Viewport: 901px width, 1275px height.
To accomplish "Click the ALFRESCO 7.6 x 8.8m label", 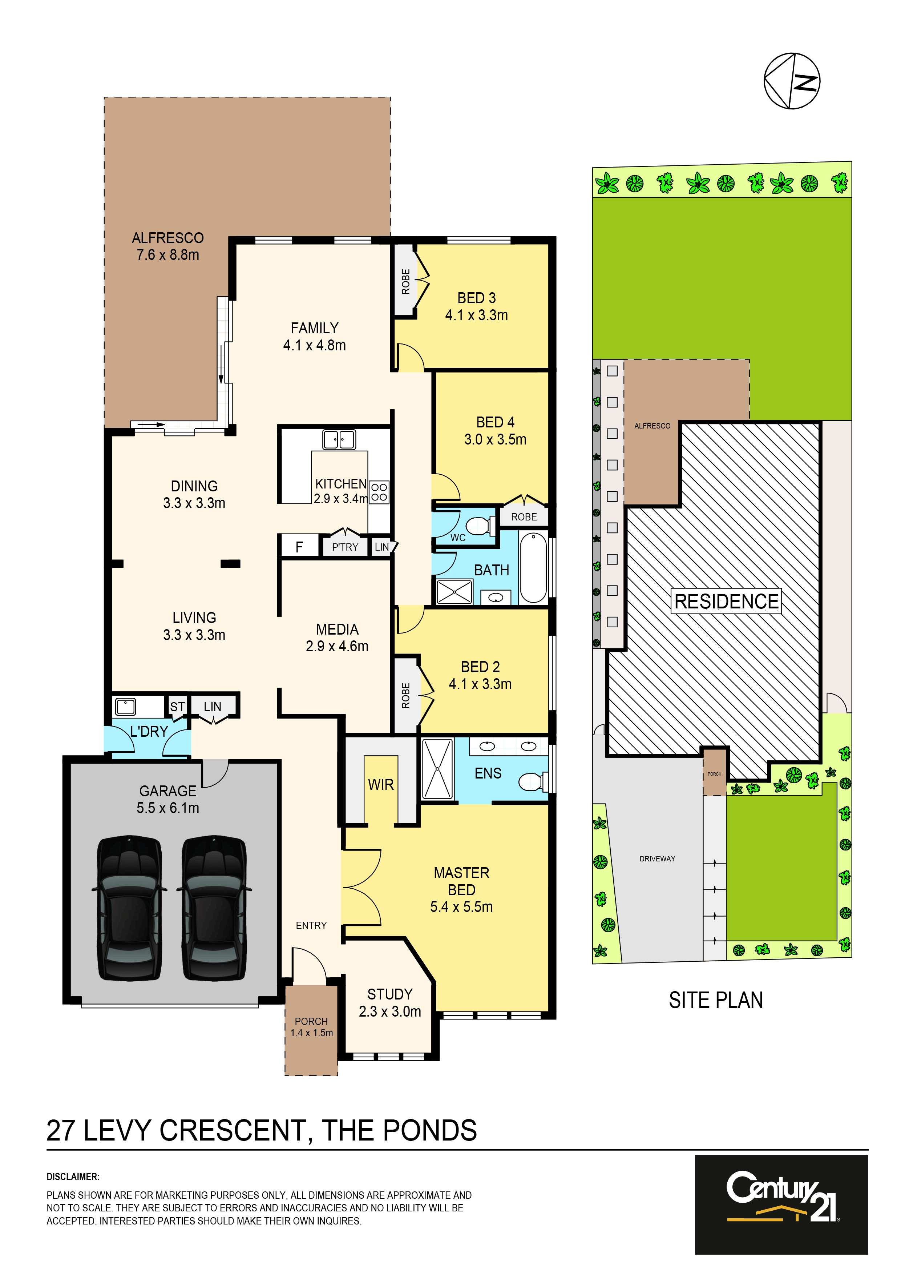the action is point(167,246).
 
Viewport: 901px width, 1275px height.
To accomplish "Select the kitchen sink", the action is point(339,439).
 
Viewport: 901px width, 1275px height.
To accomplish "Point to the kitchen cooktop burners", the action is point(379,492).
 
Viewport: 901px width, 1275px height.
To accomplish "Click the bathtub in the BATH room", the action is point(533,567).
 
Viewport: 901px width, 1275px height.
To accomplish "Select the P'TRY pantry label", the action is point(345,547).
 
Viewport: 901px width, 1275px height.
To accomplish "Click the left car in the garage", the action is point(129,908).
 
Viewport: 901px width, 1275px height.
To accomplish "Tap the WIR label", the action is point(381,785).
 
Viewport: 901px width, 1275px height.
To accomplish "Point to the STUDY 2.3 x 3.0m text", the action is point(390,1002).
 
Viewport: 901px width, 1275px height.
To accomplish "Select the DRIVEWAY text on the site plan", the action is point(657,858).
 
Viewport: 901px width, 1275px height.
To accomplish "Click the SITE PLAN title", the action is point(716,1000).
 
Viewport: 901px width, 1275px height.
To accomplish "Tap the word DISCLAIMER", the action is point(73,1177).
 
